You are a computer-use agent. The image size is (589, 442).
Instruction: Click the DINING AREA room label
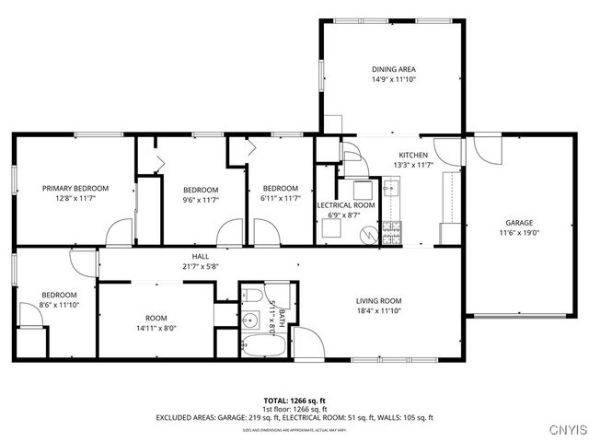[393, 69]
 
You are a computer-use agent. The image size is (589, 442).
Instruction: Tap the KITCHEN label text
[413, 155]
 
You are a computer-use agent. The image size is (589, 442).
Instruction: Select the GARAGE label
[518, 223]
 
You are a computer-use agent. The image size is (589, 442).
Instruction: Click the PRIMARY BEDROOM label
[75, 188]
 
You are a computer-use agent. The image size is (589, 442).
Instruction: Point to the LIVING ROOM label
[379, 300]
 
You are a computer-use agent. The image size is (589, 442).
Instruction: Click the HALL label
[200, 256]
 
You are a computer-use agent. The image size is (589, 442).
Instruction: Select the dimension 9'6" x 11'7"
[200, 199]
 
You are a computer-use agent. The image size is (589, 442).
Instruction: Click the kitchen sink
[391, 190]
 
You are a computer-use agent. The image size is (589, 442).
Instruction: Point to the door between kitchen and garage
[451, 150]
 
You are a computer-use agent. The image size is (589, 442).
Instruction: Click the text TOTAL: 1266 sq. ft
[294, 401]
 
